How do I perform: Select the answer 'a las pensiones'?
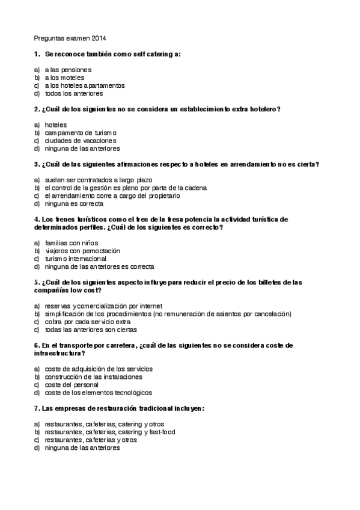(x=68, y=70)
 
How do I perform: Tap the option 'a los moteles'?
(x=64, y=78)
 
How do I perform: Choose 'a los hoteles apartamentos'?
(x=85, y=85)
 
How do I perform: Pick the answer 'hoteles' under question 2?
(x=56, y=124)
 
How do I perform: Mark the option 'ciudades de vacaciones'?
(x=76, y=140)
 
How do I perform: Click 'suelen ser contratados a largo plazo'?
(x=99, y=180)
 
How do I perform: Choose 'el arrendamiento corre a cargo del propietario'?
(x=112, y=195)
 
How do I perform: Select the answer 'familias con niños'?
(x=71, y=242)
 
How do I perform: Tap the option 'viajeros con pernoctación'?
(x=82, y=250)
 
